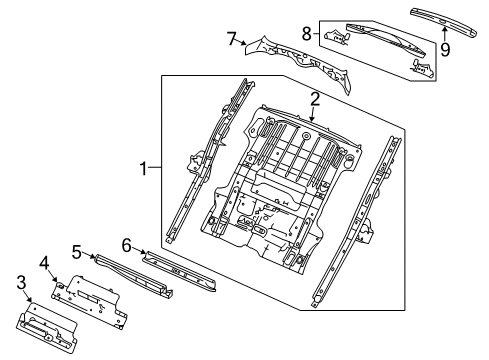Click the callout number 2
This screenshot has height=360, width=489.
pos(314,100)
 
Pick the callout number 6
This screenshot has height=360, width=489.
pos(127,243)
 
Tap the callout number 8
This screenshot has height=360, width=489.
pos(307,34)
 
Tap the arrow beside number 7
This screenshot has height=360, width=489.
pos(245,44)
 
